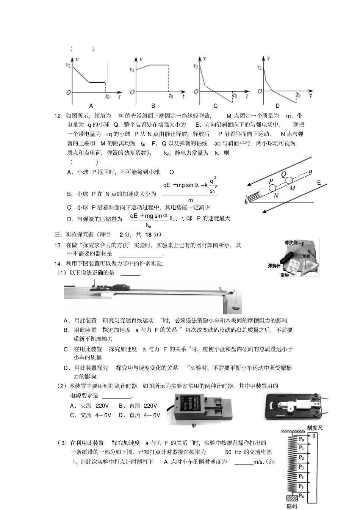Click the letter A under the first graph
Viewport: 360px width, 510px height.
91,106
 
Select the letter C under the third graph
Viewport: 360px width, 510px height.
216,106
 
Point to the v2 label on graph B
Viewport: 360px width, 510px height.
131,69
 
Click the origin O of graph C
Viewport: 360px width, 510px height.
196,91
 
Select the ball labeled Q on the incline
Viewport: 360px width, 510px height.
289,180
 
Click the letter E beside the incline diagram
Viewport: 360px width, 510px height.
319,183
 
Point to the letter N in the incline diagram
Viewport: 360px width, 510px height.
276,196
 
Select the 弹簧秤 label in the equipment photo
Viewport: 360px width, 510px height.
274,265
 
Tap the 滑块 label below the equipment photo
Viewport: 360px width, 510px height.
285,275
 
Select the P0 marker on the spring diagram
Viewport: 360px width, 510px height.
302,439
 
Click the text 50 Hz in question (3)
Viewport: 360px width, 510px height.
233,452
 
